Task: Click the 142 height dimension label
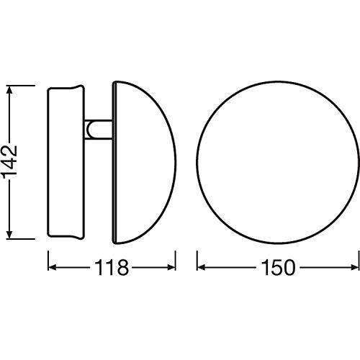coord(9,162)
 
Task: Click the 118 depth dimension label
coord(112,267)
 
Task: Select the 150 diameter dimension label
coord(279,267)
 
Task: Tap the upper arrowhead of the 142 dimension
coord(9,90)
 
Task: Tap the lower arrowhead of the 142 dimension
coord(9,234)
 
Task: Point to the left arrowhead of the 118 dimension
coord(53,267)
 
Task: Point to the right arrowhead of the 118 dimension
coord(171,267)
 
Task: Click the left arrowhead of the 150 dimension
coord(201,267)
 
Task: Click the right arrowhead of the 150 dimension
coord(355,267)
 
